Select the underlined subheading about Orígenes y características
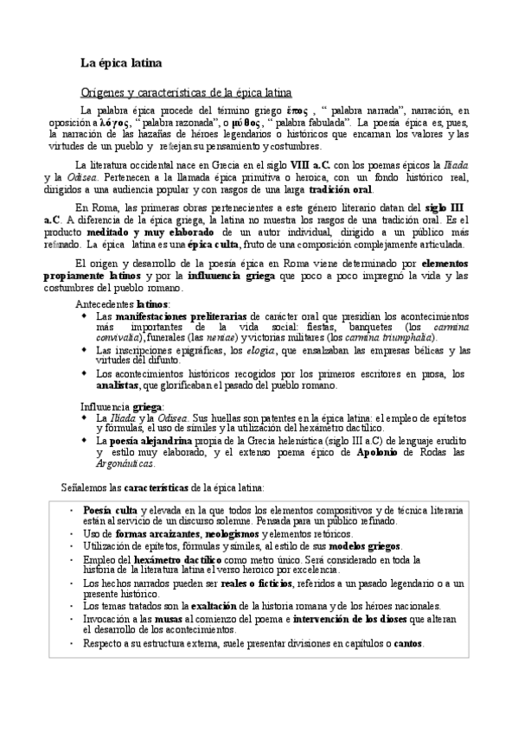(185, 92)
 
